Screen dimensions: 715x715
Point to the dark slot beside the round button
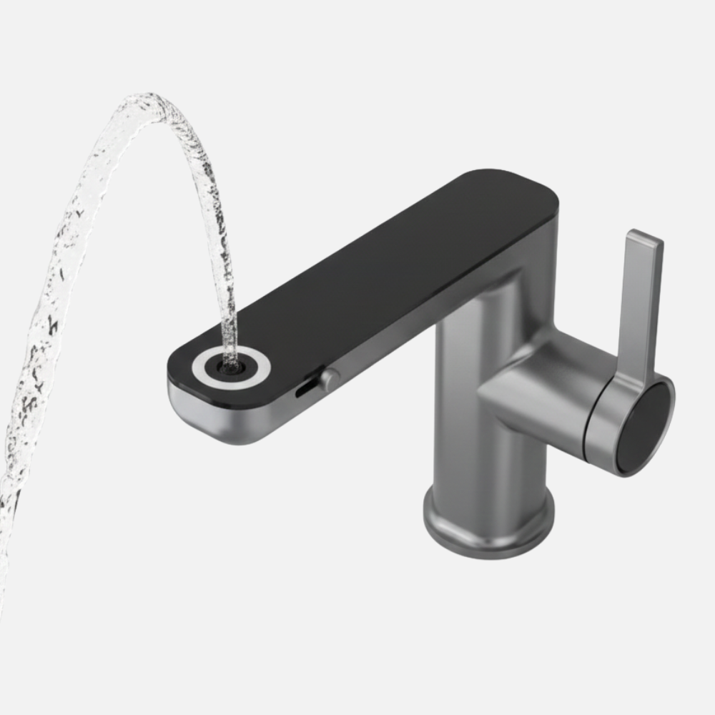[304, 388]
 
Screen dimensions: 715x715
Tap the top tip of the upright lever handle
[643, 238]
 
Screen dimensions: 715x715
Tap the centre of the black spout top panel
[372, 272]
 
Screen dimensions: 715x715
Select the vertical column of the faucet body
[475, 429]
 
